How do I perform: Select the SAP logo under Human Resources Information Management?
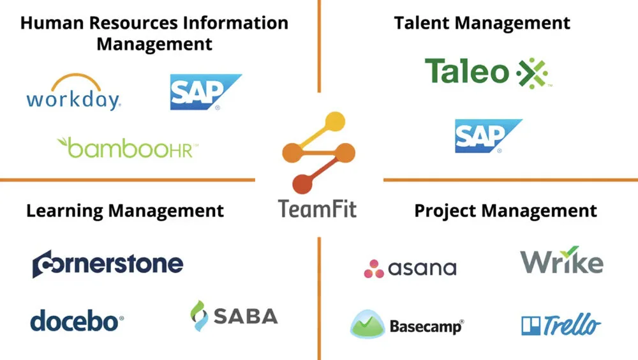[205, 92]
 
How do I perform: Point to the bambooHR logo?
[128, 147]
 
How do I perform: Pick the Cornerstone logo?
[108, 264]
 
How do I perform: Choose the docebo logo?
[77, 320]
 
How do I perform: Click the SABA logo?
[234, 316]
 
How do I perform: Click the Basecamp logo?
[406, 325]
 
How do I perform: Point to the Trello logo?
[561, 325]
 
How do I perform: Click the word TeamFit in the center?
[317, 208]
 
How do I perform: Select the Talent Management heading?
[482, 24]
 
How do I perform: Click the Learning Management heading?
[125, 210]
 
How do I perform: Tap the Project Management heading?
[505, 210]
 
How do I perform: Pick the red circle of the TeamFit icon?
[304, 185]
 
